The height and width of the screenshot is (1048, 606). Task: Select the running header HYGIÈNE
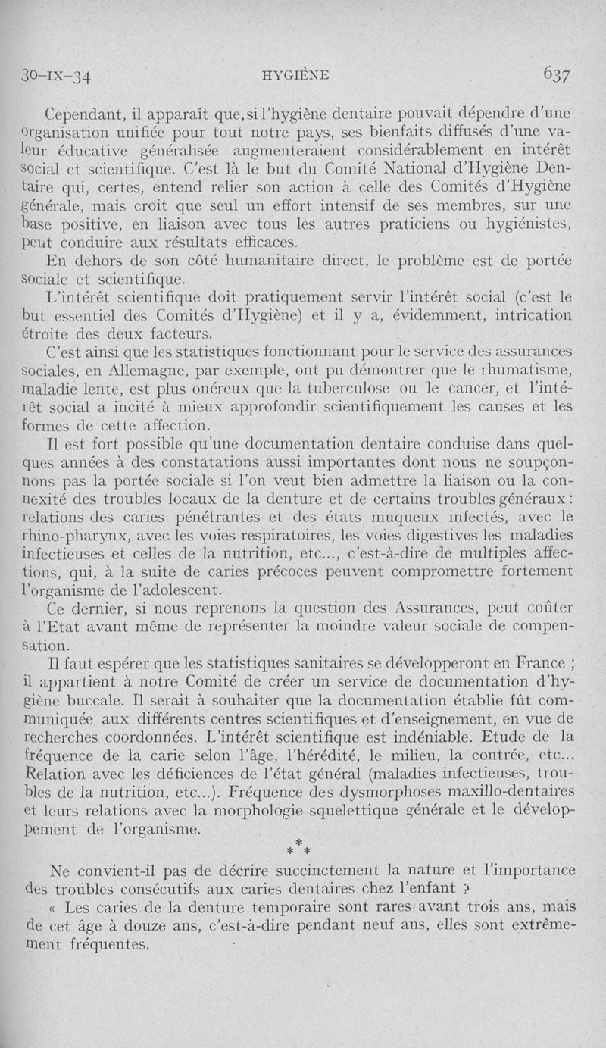(x=294, y=74)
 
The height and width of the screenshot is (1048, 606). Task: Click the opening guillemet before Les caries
(x=53, y=906)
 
